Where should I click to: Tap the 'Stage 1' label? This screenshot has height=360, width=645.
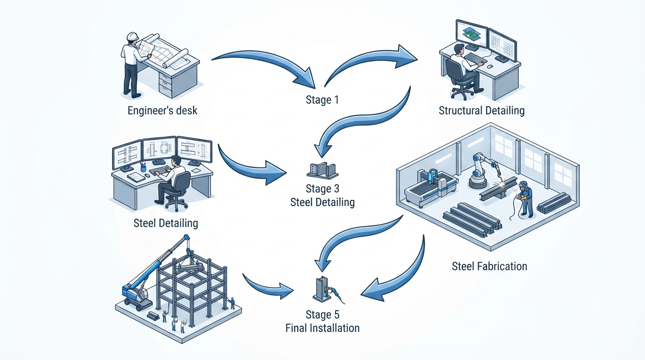322,100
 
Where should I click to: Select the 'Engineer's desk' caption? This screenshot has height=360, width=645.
162,111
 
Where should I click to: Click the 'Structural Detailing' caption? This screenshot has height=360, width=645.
481,111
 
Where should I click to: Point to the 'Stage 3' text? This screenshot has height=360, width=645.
322,188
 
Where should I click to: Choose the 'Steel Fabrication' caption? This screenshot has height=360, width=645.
489,266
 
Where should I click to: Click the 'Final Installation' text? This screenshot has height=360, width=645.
322,328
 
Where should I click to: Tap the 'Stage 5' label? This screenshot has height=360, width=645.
322,315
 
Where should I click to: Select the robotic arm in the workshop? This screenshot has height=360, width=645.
484,170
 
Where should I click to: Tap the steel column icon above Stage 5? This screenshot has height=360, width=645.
322,289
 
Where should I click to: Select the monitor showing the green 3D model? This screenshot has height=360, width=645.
472,34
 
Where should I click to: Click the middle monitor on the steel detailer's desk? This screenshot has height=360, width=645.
159,149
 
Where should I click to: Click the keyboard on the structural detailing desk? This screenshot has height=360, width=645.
475,58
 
